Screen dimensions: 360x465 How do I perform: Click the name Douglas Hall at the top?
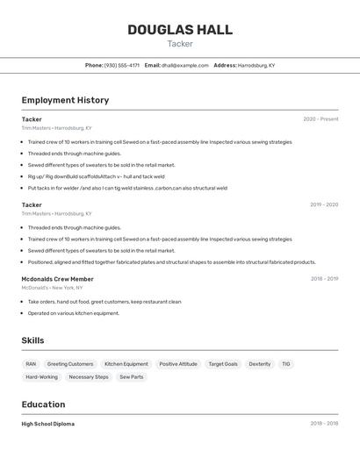click(180, 30)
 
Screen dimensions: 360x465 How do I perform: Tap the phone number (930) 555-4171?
click(122, 65)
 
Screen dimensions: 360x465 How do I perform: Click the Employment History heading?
click(65, 100)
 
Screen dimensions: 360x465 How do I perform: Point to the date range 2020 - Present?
click(320, 119)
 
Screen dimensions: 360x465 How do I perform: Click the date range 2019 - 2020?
click(324, 204)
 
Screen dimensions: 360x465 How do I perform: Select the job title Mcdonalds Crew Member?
click(58, 279)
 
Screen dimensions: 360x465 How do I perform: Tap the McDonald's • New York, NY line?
click(52, 288)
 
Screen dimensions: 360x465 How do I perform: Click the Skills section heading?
click(33, 340)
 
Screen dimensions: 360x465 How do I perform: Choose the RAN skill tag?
click(31, 364)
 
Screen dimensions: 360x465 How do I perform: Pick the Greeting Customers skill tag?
click(70, 364)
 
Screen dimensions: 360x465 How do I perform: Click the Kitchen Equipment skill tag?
click(126, 364)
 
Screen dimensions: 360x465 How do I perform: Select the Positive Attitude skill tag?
click(178, 364)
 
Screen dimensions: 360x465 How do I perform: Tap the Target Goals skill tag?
click(223, 364)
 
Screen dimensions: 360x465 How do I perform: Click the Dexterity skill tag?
click(260, 364)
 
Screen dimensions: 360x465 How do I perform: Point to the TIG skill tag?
click(286, 364)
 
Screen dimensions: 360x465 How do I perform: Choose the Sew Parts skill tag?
click(131, 377)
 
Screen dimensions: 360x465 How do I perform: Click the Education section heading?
click(44, 404)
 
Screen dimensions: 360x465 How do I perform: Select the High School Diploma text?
click(48, 424)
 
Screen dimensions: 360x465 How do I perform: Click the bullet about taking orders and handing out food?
click(104, 302)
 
